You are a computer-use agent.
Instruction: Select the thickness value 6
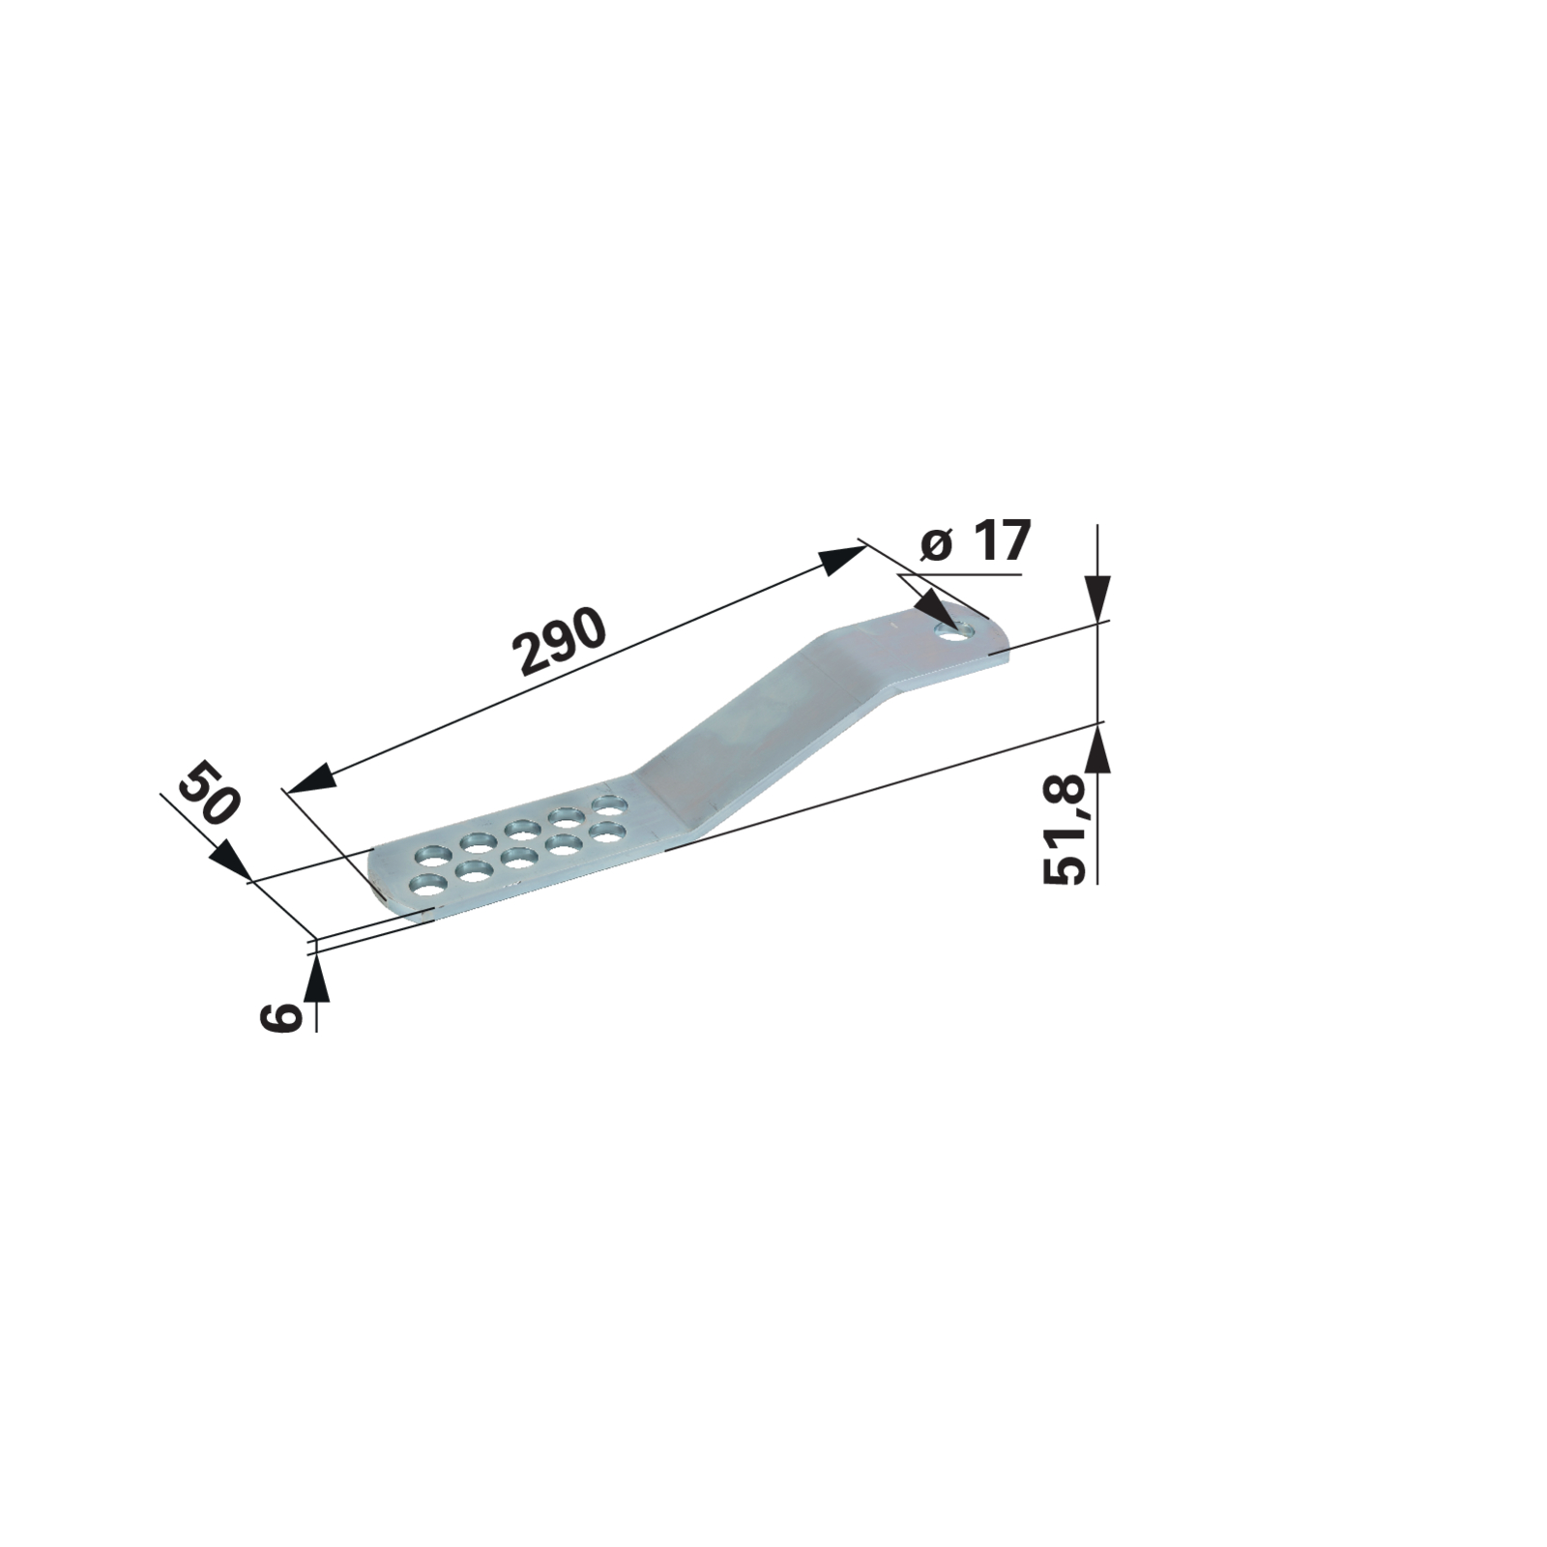coord(280,1017)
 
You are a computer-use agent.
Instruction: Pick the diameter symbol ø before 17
coord(936,544)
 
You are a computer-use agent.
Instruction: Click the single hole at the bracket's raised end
coord(957,630)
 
